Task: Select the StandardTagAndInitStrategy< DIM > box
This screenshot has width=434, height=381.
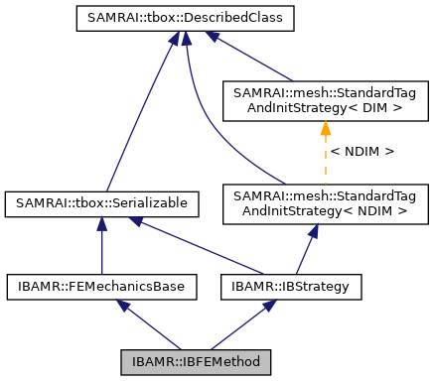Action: pos(324,99)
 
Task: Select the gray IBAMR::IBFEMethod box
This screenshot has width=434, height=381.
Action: pos(195,361)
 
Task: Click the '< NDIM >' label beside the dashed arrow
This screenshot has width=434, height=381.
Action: pos(362,151)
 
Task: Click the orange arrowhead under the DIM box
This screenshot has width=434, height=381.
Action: pos(324,127)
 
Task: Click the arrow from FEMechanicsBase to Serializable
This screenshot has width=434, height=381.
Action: pos(101,248)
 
